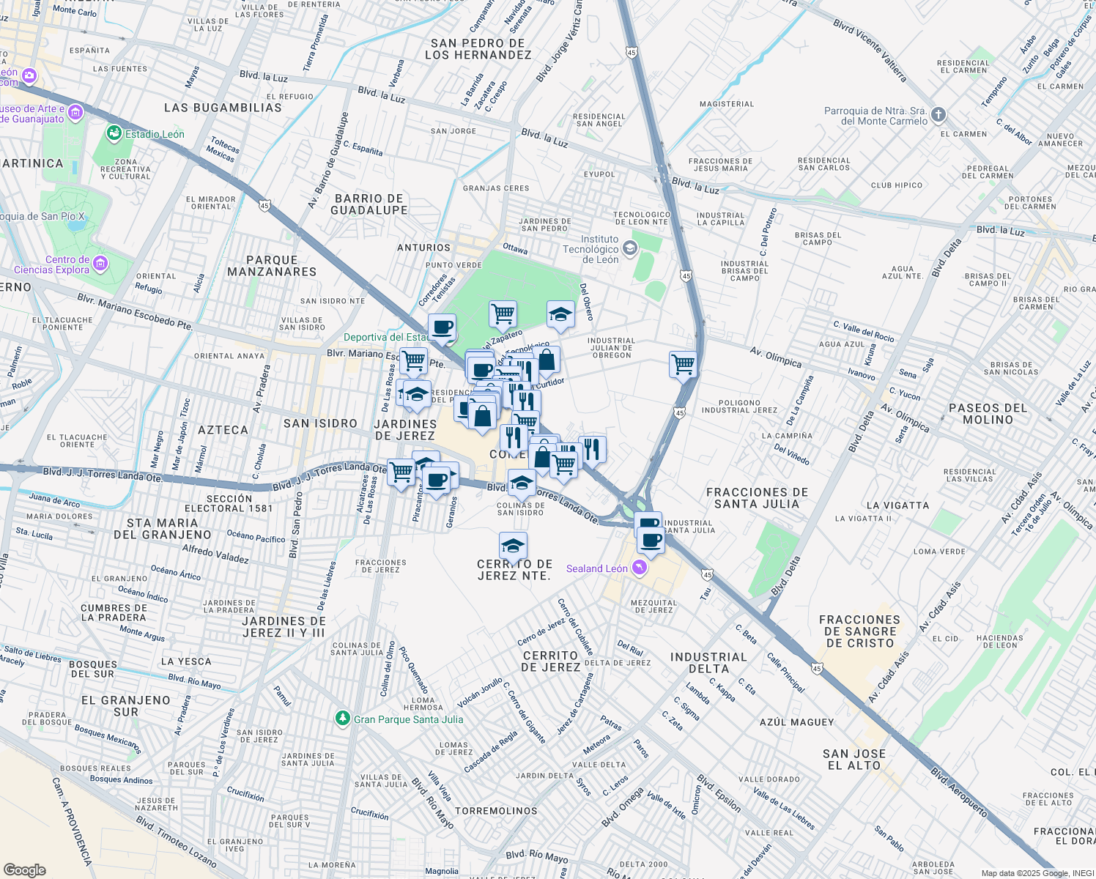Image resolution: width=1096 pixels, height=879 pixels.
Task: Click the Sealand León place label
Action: (x=596, y=568)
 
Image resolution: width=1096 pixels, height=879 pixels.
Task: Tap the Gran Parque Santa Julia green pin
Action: (x=342, y=719)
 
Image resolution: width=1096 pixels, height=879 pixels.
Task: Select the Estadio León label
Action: (x=155, y=134)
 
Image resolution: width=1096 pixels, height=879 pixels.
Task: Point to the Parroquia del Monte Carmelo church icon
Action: (x=938, y=115)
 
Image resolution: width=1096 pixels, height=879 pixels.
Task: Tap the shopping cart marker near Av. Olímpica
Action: (x=683, y=363)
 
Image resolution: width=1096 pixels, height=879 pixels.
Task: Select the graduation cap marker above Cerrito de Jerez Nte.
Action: (x=513, y=546)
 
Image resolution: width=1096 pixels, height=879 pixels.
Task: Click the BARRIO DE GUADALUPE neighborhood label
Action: (x=369, y=204)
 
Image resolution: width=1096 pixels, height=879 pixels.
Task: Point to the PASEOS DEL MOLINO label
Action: (x=988, y=414)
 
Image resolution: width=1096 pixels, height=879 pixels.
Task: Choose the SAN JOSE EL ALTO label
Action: (x=854, y=760)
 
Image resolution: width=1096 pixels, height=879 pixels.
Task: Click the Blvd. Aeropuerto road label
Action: (x=959, y=792)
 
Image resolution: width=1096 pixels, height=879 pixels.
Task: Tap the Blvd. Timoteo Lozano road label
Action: (x=176, y=842)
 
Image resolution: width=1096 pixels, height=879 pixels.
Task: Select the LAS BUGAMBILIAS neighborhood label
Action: (x=223, y=108)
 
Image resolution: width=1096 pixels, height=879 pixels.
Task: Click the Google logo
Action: (x=24, y=869)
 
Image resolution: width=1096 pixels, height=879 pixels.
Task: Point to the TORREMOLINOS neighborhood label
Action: (x=496, y=811)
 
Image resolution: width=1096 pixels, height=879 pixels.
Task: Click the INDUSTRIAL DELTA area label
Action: (x=708, y=663)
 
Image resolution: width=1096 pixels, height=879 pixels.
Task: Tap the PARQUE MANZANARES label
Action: (x=272, y=266)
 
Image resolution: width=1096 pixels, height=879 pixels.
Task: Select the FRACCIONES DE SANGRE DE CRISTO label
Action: (x=859, y=631)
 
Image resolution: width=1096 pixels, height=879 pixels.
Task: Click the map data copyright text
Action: (x=1037, y=873)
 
